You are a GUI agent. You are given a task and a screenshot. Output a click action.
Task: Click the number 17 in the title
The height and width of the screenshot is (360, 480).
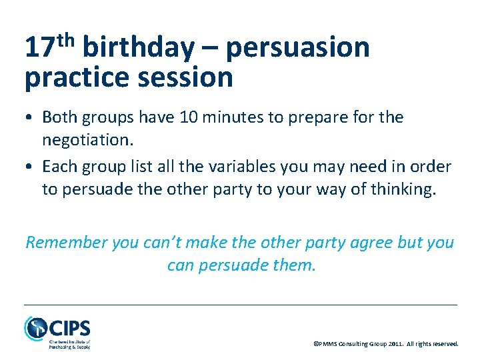point(39,49)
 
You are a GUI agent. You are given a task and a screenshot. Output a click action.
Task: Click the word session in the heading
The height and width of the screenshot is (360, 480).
point(187,78)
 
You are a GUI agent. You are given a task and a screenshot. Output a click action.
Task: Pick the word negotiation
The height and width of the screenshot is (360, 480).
point(86,141)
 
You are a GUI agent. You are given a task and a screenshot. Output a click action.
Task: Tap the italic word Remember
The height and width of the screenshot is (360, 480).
point(67,242)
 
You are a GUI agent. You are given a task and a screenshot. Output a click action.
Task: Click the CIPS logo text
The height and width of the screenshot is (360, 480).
point(69,329)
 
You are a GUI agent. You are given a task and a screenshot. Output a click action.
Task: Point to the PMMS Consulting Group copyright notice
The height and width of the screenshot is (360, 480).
point(385,344)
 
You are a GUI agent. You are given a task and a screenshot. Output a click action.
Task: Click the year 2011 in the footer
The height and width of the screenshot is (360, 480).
point(395,344)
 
